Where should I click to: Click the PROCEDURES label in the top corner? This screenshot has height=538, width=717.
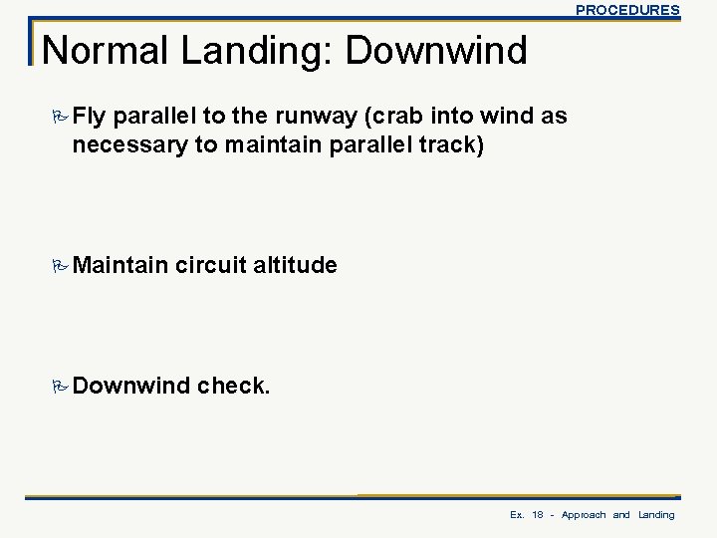coord(627,10)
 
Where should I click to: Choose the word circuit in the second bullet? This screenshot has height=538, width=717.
coord(212,267)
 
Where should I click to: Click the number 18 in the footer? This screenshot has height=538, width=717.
coord(538,515)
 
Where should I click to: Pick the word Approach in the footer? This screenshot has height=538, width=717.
coord(585,515)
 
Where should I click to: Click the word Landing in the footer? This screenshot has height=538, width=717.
coord(656,515)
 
